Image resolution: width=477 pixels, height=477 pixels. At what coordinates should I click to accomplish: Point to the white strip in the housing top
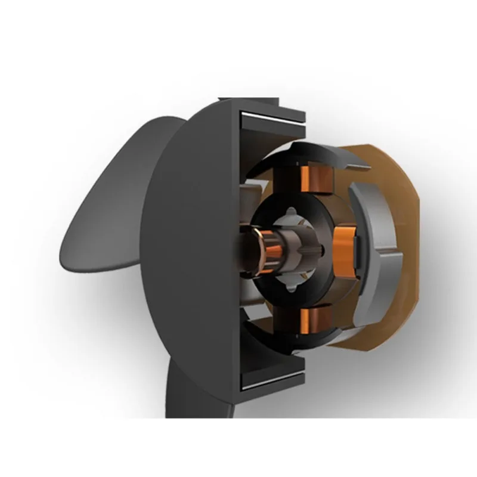pyautogui.click(x=271, y=119)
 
